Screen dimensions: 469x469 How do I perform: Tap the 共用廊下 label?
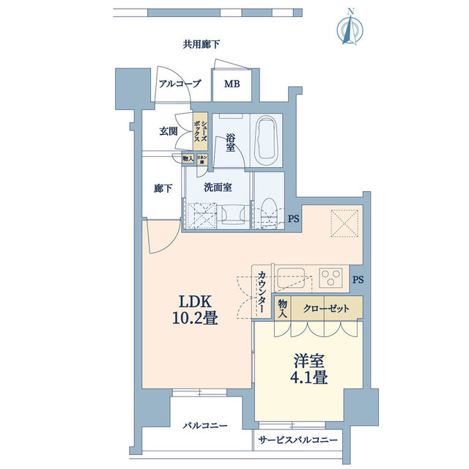pos(202,45)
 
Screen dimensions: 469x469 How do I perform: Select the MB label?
pos(232,84)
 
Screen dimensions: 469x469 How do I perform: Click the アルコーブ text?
pos(180,84)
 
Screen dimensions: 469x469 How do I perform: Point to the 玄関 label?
pos(169,132)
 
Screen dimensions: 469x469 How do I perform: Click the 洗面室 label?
pos(218,187)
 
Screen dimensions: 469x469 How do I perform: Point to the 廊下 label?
pos(163,188)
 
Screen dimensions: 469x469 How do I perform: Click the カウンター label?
pos(262,293)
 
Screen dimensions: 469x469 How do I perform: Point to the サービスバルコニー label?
pos(298,440)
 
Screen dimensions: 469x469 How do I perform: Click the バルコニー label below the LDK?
pos(204,426)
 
